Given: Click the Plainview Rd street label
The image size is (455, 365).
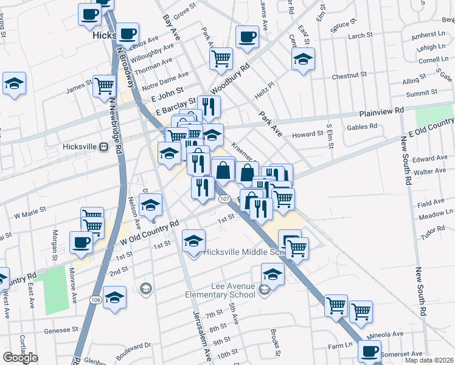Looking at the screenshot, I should [381, 111].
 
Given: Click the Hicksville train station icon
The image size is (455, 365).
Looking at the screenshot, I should [103, 147].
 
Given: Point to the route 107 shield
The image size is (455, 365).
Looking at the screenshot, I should [224, 199].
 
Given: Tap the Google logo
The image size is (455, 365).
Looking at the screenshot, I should [20, 358].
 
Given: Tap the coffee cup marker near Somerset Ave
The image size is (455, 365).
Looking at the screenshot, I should [369, 351].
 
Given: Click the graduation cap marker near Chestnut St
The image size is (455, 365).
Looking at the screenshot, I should [303, 58].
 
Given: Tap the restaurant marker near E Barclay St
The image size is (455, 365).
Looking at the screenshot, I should [209, 106].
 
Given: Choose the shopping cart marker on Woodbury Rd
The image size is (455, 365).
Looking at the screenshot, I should [221, 58].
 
